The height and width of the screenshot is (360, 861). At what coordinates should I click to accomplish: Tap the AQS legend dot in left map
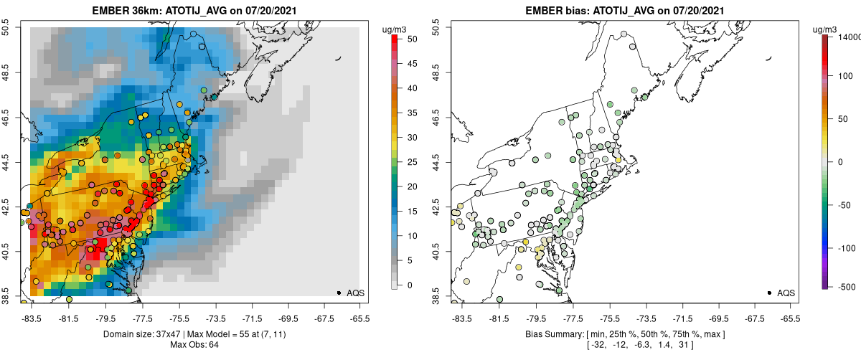click(x=338, y=293)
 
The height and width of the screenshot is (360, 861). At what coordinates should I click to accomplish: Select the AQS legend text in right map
click(x=786, y=293)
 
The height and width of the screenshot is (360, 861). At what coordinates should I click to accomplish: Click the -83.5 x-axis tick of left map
click(x=31, y=318)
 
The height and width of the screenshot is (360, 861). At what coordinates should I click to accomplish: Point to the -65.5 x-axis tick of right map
click(x=789, y=318)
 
